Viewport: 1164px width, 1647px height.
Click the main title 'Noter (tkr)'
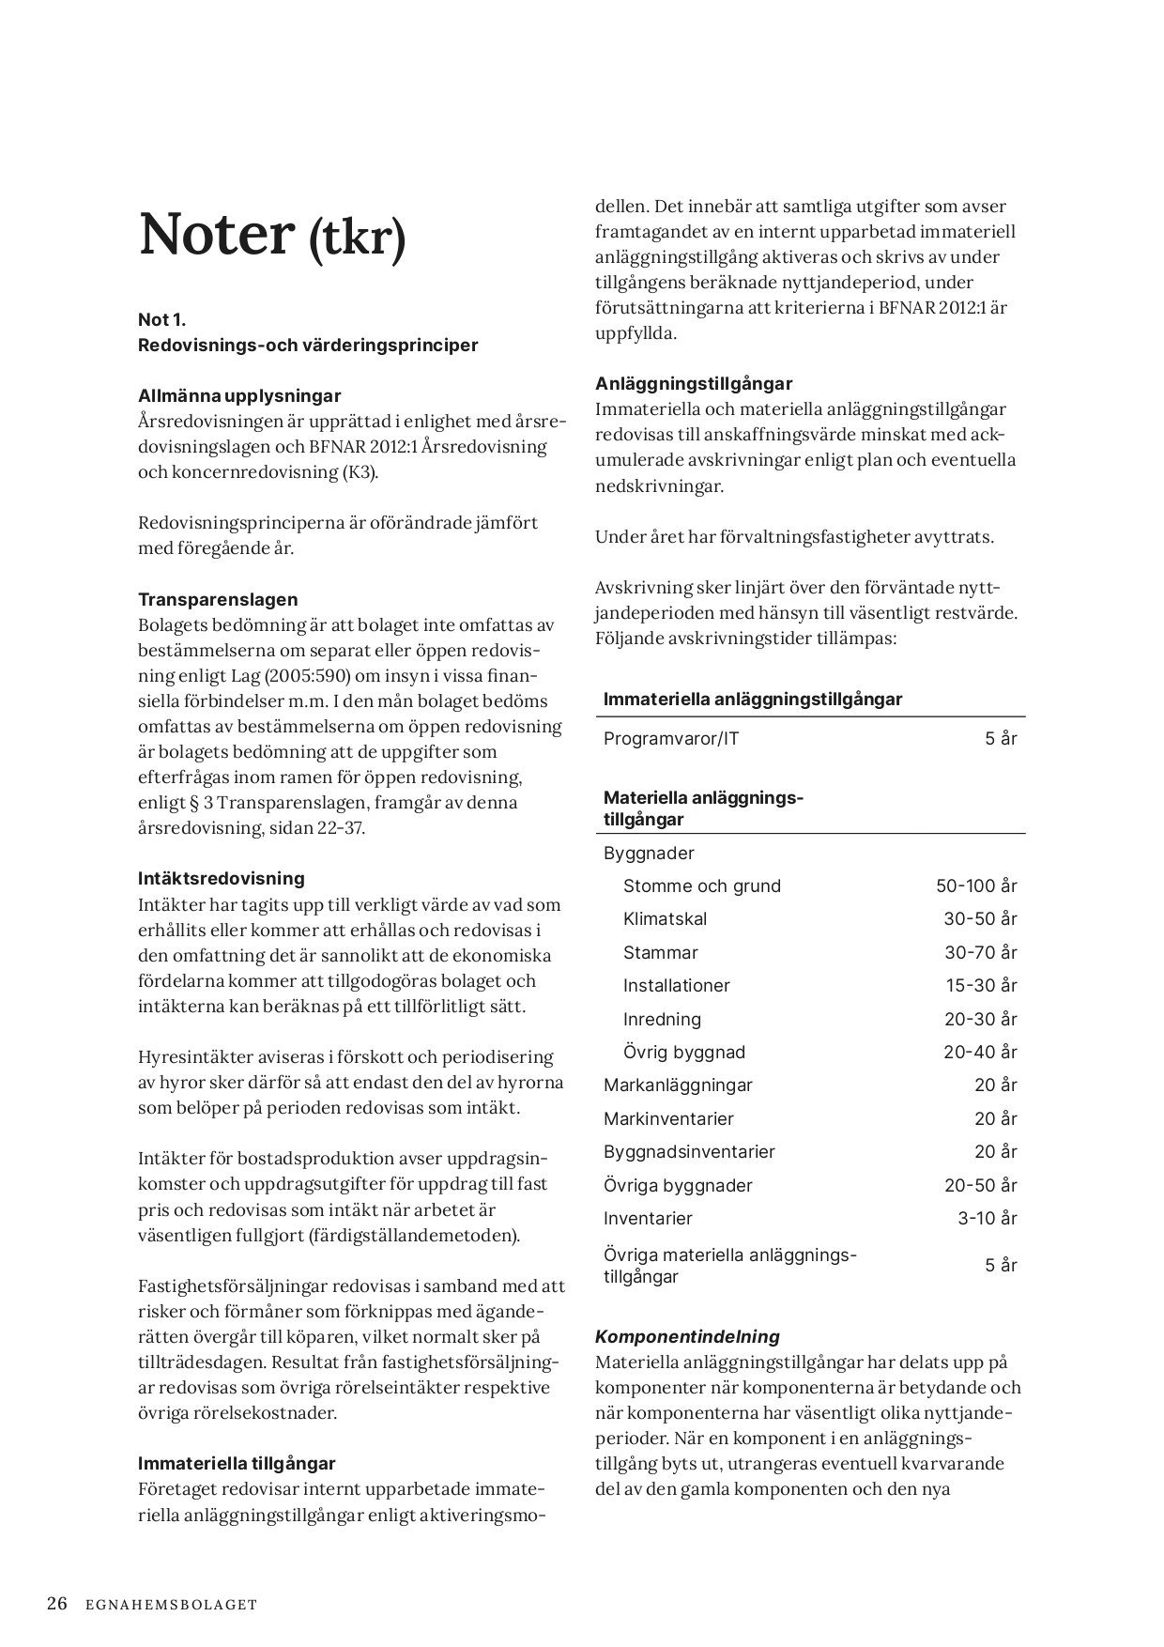(x=272, y=235)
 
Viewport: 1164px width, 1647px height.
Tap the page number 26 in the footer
(x=57, y=1604)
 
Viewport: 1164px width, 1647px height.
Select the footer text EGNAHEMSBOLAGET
(x=170, y=1605)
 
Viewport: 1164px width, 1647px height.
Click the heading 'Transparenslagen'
(x=218, y=599)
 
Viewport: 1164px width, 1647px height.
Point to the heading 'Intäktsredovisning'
(x=222, y=878)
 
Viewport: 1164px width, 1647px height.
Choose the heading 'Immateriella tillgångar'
(x=237, y=1463)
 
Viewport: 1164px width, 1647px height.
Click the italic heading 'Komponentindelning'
(x=687, y=1336)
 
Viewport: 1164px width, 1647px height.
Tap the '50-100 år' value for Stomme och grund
(x=976, y=885)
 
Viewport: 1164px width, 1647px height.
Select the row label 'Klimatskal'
(x=665, y=918)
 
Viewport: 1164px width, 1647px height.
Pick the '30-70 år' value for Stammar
(x=980, y=952)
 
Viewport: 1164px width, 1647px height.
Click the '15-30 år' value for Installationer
(x=980, y=985)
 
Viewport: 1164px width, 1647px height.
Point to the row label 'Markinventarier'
(x=668, y=1118)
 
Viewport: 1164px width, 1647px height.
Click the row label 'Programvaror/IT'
(x=671, y=738)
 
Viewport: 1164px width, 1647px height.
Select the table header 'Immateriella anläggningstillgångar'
(x=753, y=699)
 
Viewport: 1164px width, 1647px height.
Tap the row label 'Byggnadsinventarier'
(x=689, y=1151)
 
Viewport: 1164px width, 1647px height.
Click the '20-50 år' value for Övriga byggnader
(x=980, y=1185)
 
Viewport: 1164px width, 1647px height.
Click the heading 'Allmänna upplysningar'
(x=239, y=395)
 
